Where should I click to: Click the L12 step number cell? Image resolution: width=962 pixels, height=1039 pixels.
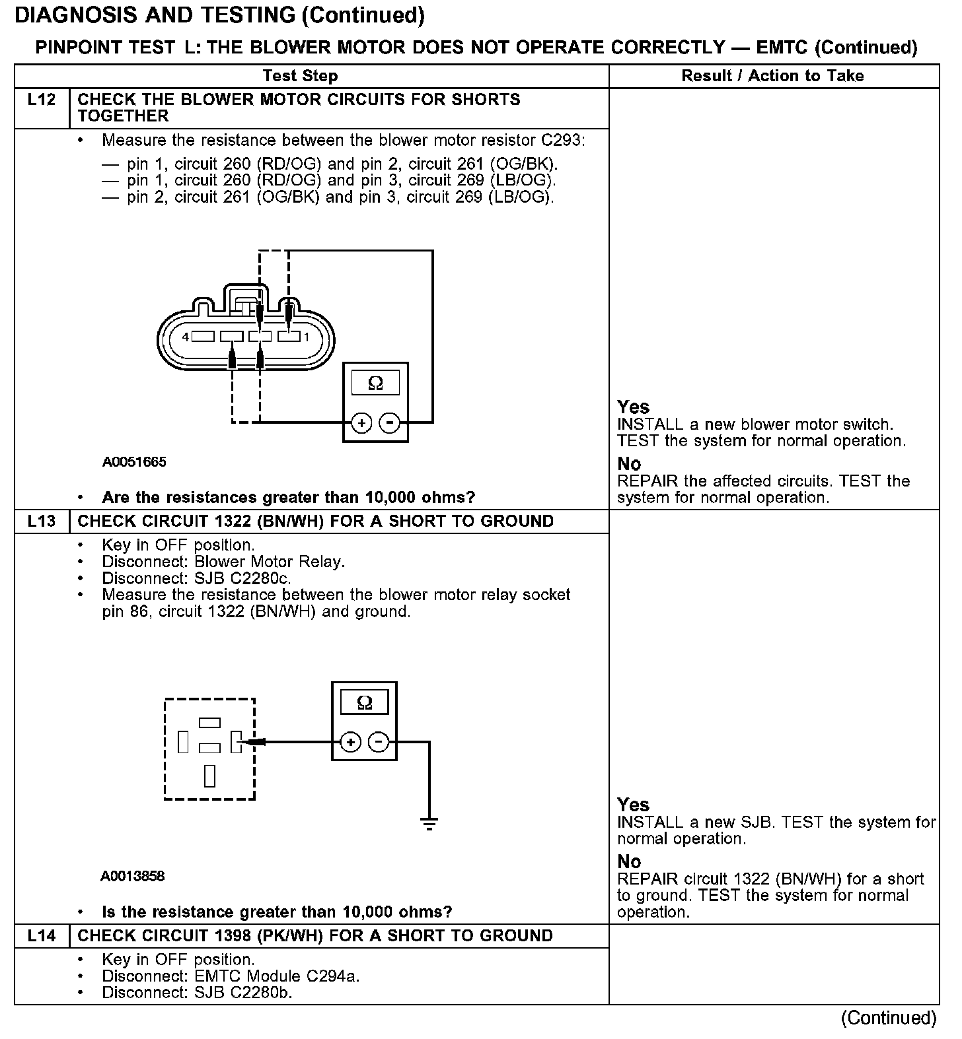click(x=41, y=100)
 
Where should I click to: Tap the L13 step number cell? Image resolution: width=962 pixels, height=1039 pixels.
click(x=41, y=521)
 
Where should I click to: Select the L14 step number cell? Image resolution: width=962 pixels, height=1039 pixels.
click(x=41, y=936)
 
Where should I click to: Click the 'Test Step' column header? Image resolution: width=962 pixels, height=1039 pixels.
click(x=300, y=76)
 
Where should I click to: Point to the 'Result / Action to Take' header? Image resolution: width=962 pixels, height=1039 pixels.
click(x=772, y=76)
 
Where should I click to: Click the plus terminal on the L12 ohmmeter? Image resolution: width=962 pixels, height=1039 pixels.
click(x=361, y=422)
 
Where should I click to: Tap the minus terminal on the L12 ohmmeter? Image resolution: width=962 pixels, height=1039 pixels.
click(x=390, y=422)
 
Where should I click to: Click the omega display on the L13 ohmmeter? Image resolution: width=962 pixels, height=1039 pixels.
click(x=364, y=703)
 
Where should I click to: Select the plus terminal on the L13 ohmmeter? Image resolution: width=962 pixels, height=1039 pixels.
click(x=350, y=743)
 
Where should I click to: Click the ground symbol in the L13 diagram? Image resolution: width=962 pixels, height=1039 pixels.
click(x=429, y=823)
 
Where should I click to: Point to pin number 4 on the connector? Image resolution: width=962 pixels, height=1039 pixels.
click(x=186, y=337)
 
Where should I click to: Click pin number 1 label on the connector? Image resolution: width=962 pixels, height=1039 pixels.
click(x=306, y=337)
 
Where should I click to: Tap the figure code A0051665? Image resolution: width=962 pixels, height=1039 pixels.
click(x=134, y=462)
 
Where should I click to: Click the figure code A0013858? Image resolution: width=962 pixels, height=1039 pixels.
click(x=133, y=877)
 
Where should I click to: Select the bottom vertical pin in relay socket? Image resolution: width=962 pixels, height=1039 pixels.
click(x=209, y=775)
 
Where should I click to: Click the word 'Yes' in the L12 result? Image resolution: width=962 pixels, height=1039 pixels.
click(x=633, y=407)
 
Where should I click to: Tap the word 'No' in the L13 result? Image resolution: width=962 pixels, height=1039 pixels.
click(x=629, y=861)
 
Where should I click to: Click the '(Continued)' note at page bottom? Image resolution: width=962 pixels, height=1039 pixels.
click(x=889, y=1018)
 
